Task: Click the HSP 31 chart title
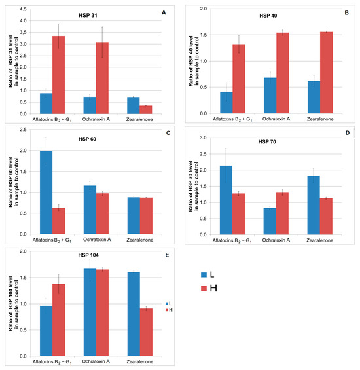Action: tap(88, 15)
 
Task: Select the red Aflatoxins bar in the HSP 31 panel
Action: tap(58, 75)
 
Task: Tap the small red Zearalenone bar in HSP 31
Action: tap(146, 110)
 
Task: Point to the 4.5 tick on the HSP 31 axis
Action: tap(23, 9)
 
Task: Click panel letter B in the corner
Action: tap(346, 12)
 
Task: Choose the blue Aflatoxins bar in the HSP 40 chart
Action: tap(226, 103)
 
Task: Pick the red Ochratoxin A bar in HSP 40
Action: tap(282, 73)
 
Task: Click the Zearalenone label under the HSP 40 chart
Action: tap(320, 119)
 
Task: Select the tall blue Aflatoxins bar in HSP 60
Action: tap(46, 193)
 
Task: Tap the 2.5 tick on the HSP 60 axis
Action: tap(23, 130)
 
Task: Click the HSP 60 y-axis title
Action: tap(14, 181)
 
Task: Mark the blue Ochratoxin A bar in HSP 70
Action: tap(270, 221)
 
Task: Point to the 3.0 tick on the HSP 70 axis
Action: tap(203, 138)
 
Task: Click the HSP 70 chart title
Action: tap(267, 142)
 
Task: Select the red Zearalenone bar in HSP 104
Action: tap(146, 332)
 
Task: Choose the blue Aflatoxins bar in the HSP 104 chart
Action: tap(46, 331)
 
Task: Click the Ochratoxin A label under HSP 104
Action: tap(96, 361)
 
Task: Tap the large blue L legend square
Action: tap(204, 274)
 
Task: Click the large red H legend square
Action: tap(204, 288)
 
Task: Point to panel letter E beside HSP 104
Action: tap(168, 255)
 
